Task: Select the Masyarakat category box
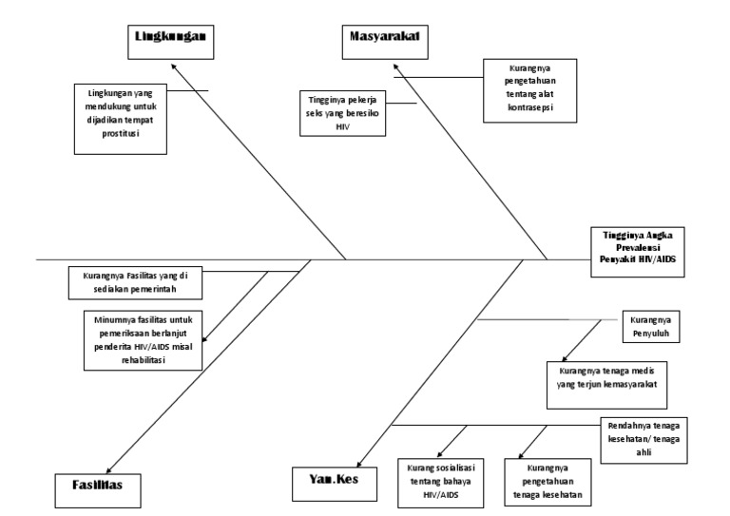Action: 383,39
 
